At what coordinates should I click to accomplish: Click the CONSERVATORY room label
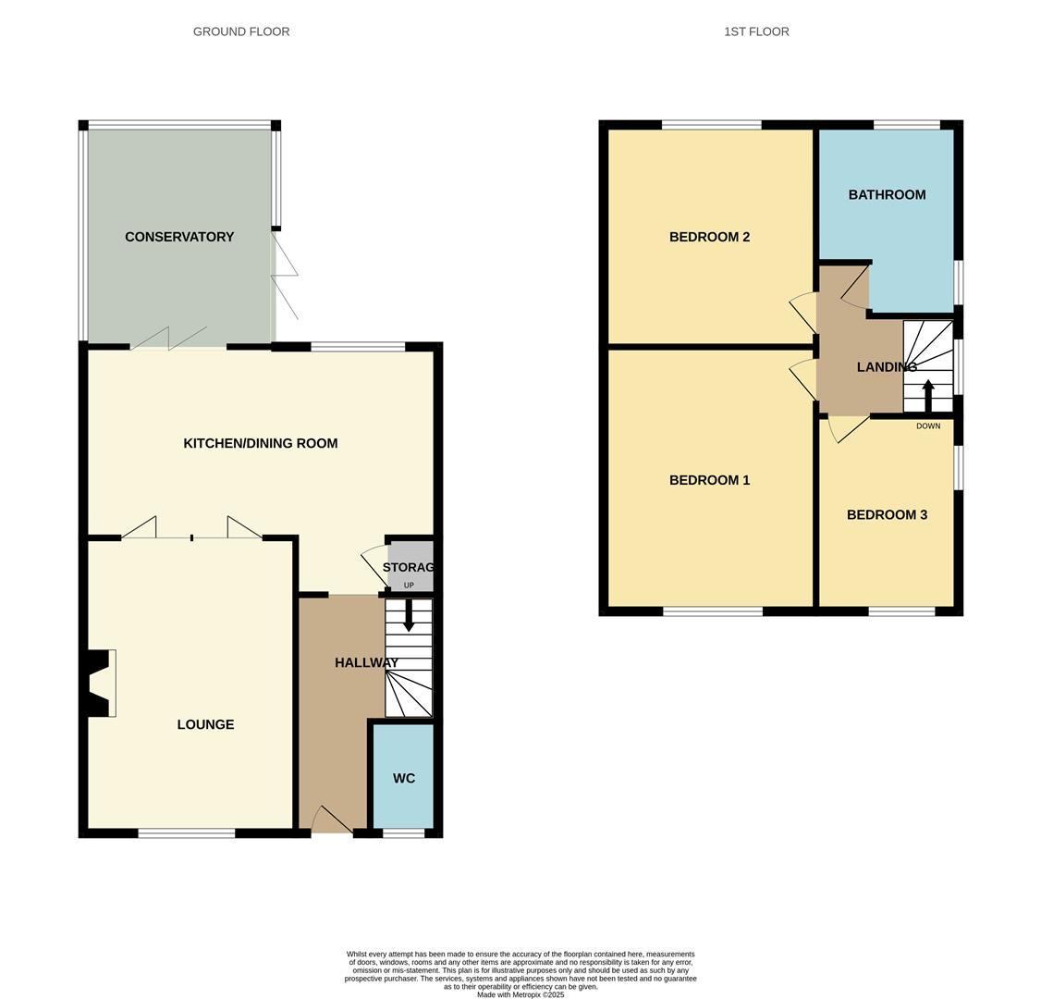tap(179, 237)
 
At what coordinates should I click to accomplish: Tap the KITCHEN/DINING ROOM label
tap(261, 443)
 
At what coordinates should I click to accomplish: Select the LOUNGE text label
tap(205, 724)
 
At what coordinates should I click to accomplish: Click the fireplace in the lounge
tap(100, 683)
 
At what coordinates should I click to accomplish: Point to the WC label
tap(404, 778)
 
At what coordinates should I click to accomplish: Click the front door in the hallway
tap(331, 821)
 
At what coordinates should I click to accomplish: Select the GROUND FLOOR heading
tap(241, 31)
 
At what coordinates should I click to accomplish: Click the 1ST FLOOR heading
tap(756, 31)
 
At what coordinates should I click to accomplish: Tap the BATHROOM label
tap(887, 194)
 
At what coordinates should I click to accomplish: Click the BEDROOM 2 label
tap(709, 237)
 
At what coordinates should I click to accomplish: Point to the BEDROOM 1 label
tap(709, 480)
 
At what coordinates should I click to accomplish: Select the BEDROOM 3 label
tap(887, 514)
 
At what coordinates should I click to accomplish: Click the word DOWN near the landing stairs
tap(928, 426)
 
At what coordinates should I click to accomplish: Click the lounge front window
tap(187, 833)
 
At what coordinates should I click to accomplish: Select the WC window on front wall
tap(403, 833)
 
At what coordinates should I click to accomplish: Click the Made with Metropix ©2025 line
tap(520, 994)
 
